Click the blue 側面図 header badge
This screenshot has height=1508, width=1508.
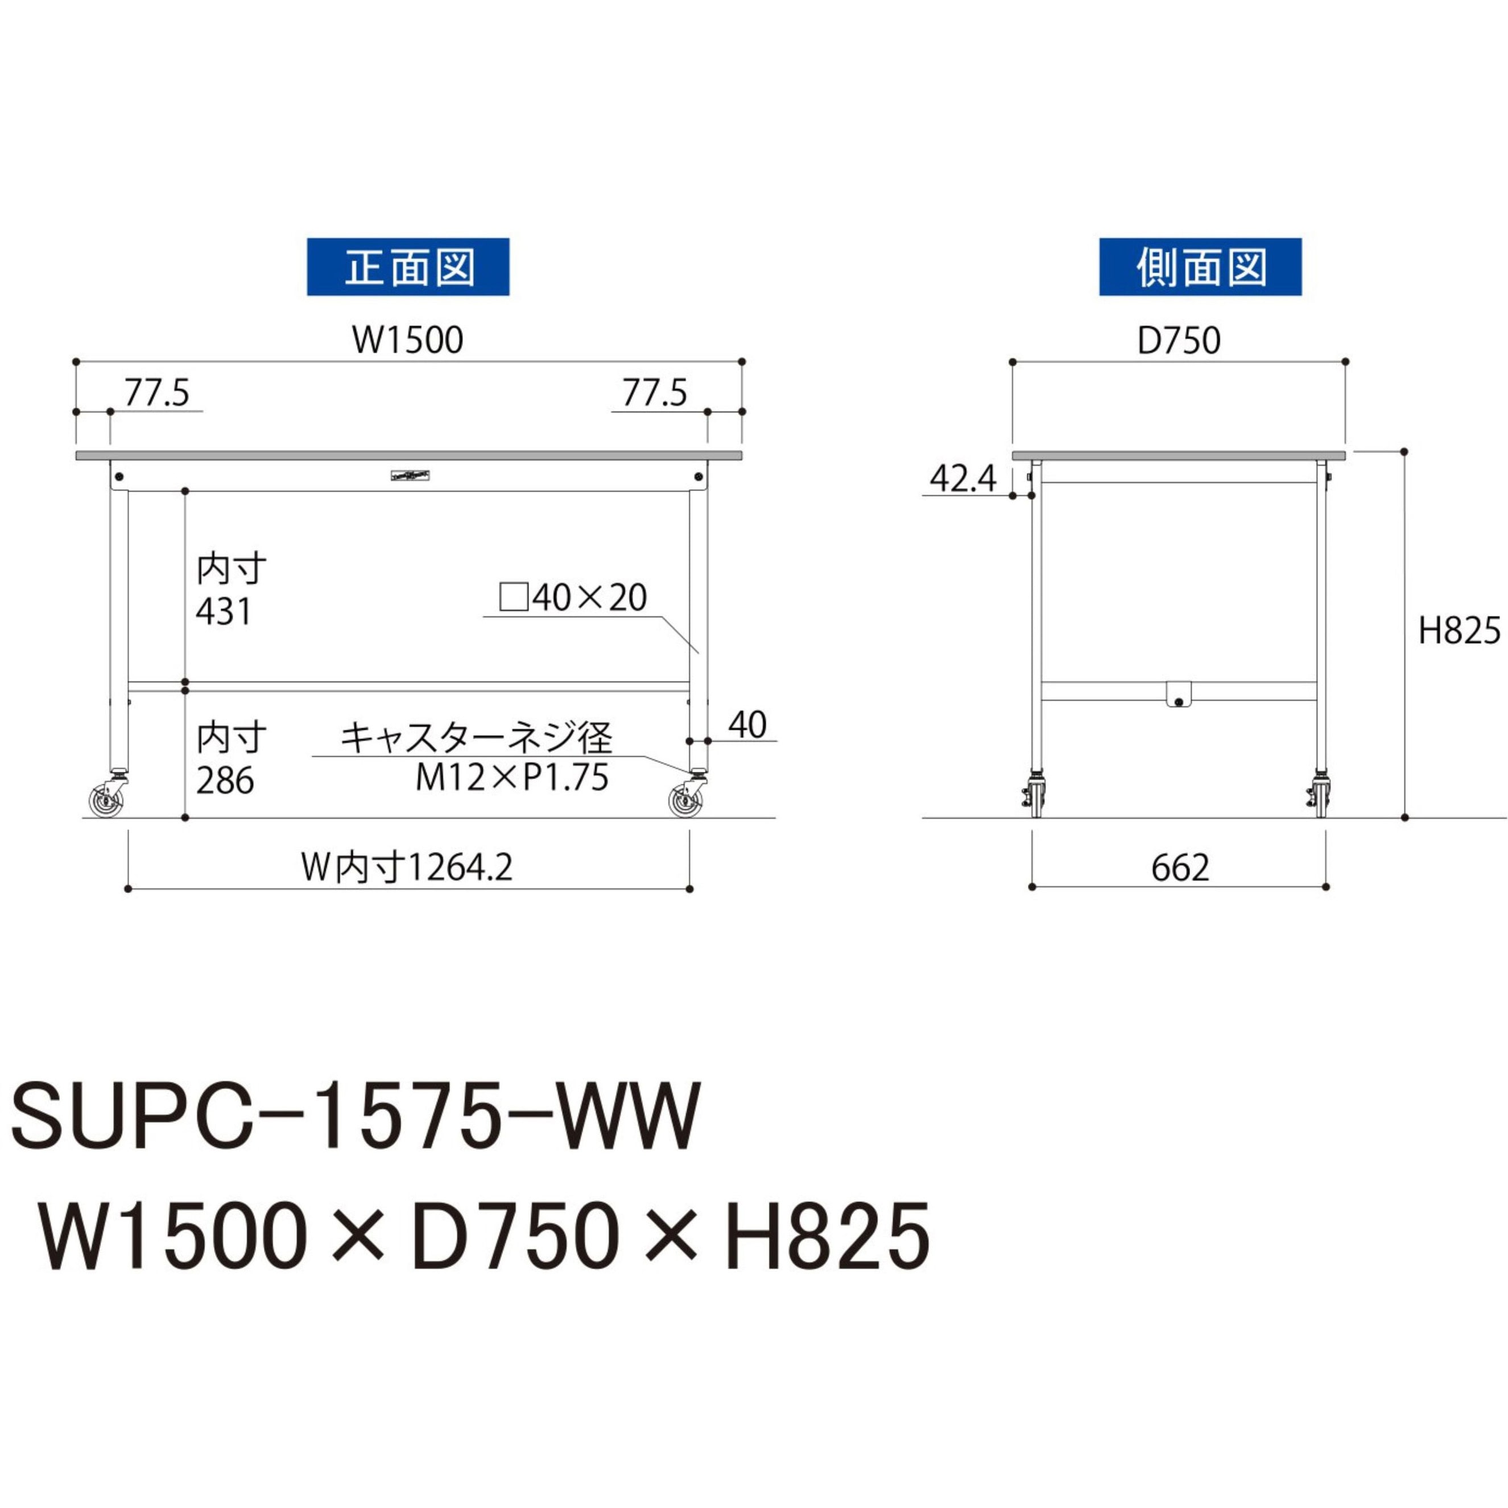[x=1200, y=267]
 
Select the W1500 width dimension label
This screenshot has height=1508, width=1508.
[x=407, y=340]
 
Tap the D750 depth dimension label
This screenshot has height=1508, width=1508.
[x=1179, y=340]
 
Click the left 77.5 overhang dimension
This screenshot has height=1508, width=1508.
[x=157, y=393]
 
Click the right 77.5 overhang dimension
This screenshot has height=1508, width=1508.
[x=654, y=393]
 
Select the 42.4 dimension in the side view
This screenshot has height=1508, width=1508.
[x=963, y=478]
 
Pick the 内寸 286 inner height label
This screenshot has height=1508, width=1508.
[x=230, y=759]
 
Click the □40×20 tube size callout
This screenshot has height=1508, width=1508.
[x=573, y=598]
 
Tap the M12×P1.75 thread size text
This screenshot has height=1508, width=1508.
[x=511, y=778]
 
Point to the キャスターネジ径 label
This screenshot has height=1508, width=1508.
[x=476, y=737]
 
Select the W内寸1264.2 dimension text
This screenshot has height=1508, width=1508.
[x=407, y=867]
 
